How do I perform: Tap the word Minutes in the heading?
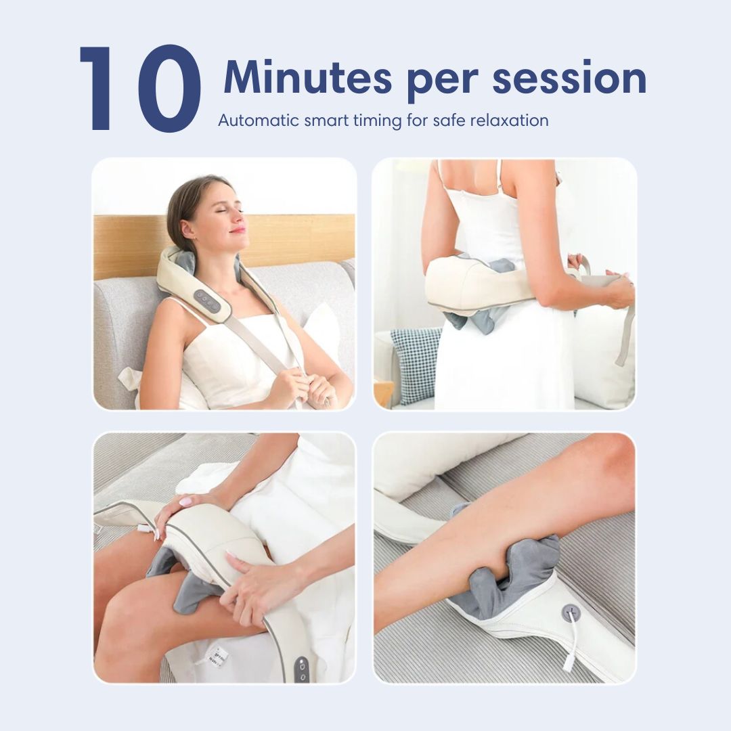[x=307, y=78]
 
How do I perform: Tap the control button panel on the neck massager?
[x=207, y=301]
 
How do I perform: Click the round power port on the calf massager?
[x=571, y=613]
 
